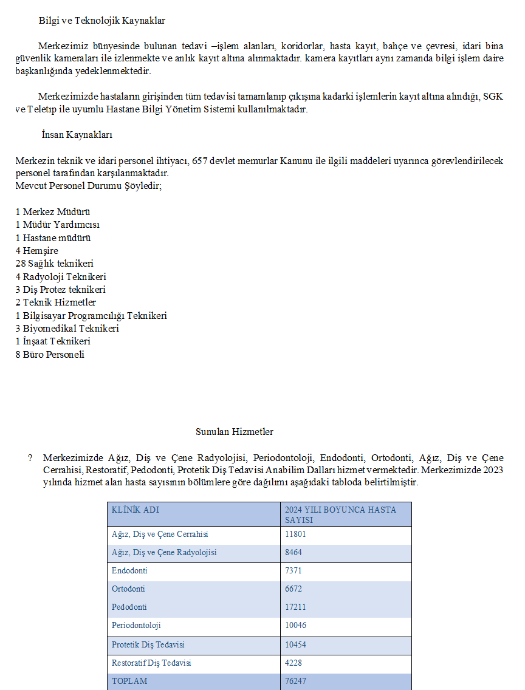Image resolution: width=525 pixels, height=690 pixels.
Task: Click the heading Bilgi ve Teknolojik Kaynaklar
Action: (x=101, y=21)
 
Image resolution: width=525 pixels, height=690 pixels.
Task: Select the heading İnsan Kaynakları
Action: (x=77, y=135)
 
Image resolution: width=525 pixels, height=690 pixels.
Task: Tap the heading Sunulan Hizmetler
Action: (x=234, y=432)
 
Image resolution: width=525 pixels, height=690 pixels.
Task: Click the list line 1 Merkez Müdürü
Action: (x=53, y=212)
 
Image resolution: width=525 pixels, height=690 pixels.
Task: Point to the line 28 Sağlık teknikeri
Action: (x=55, y=264)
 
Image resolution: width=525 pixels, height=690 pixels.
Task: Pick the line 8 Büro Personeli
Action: (x=50, y=355)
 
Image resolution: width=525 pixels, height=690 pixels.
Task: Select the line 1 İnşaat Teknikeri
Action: (x=53, y=341)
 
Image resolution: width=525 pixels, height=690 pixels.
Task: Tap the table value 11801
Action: (x=295, y=535)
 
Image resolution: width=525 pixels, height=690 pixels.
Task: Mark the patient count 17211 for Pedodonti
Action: (x=295, y=607)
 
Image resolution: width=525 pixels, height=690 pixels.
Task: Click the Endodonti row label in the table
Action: (x=129, y=571)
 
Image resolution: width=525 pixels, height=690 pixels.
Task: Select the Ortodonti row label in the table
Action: (x=128, y=589)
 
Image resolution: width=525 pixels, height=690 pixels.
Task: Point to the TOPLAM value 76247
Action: (x=295, y=681)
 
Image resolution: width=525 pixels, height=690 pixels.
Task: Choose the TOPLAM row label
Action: (x=129, y=681)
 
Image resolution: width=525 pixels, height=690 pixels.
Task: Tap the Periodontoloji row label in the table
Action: (x=136, y=626)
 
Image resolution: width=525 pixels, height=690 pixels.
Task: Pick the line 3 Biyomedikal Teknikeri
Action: (x=67, y=329)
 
